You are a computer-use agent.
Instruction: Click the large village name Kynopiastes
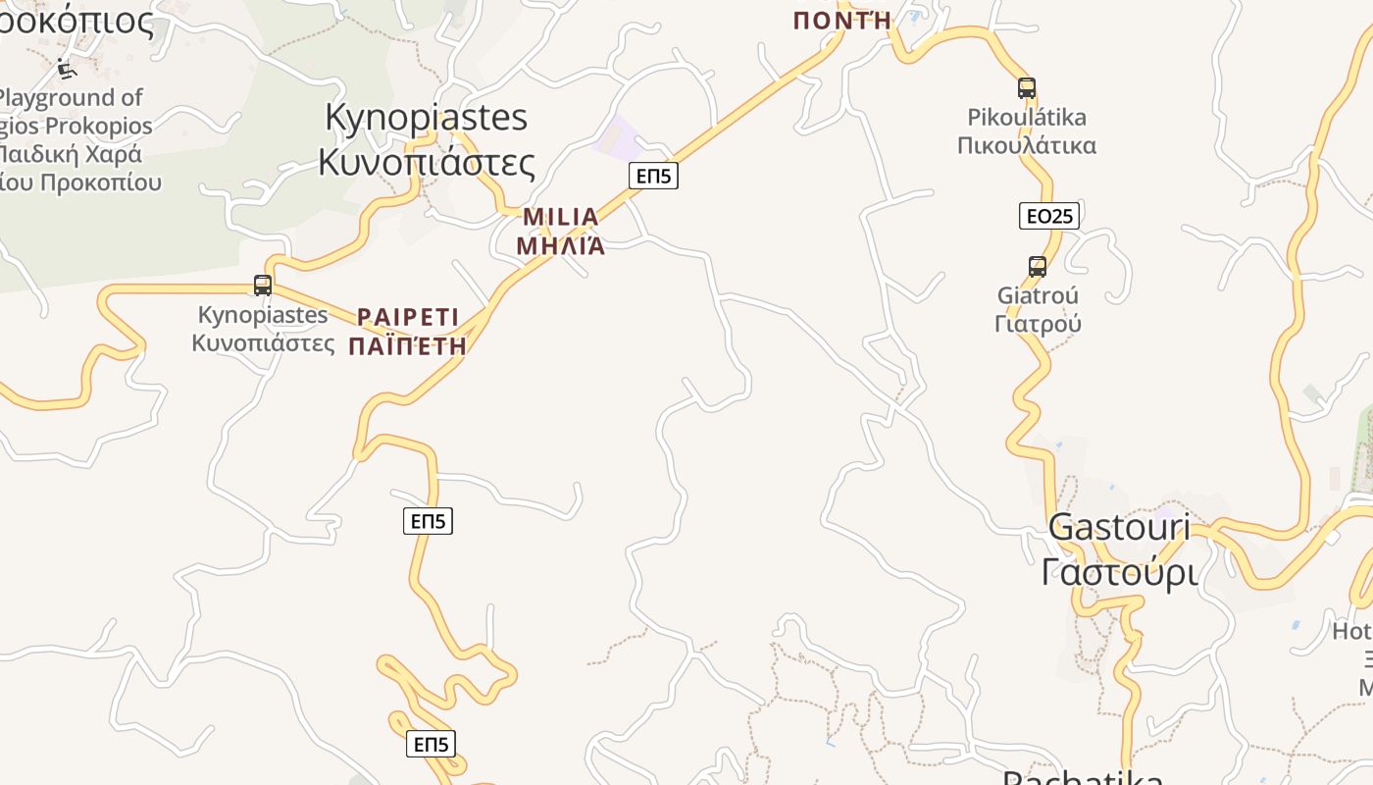pyautogui.click(x=426, y=118)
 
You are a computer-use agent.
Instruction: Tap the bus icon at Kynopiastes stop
pyautogui.click(x=263, y=286)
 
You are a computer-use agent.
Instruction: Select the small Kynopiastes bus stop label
pyautogui.click(x=263, y=315)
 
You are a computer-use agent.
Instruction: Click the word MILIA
pyautogui.click(x=561, y=217)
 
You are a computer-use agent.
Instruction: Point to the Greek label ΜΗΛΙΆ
pyautogui.click(x=561, y=245)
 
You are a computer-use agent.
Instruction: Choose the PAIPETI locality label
pyautogui.click(x=408, y=317)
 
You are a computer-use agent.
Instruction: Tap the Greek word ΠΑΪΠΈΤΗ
pyautogui.click(x=408, y=345)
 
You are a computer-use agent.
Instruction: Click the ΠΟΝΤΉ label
pyautogui.click(x=842, y=20)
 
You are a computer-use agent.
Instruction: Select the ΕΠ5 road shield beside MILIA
pyautogui.click(x=653, y=176)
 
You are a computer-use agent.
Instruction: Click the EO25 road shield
pyautogui.click(x=1048, y=216)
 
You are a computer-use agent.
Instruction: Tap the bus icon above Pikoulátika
pyautogui.click(x=1027, y=88)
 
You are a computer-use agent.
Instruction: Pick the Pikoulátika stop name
pyautogui.click(x=1027, y=118)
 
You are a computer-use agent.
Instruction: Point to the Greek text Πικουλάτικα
pyautogui.click(x=1027, y=146)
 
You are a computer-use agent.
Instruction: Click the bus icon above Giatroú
pyautogui.click(x=1038, y=266)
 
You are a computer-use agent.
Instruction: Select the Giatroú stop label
pyautogui.click(x=1038, y=295)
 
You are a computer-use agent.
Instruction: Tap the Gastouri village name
pyautogui.click(x=1119, y=527)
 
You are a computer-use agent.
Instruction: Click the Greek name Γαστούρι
pyautogui.click(x=1119, y=571)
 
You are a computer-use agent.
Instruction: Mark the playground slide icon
pyautogui.click(x=67, y=69)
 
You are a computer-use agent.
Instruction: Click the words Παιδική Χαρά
pyautogui.click(x=71, y=154)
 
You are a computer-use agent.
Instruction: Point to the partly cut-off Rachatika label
pyautogui.click(x=1083, y=777)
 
